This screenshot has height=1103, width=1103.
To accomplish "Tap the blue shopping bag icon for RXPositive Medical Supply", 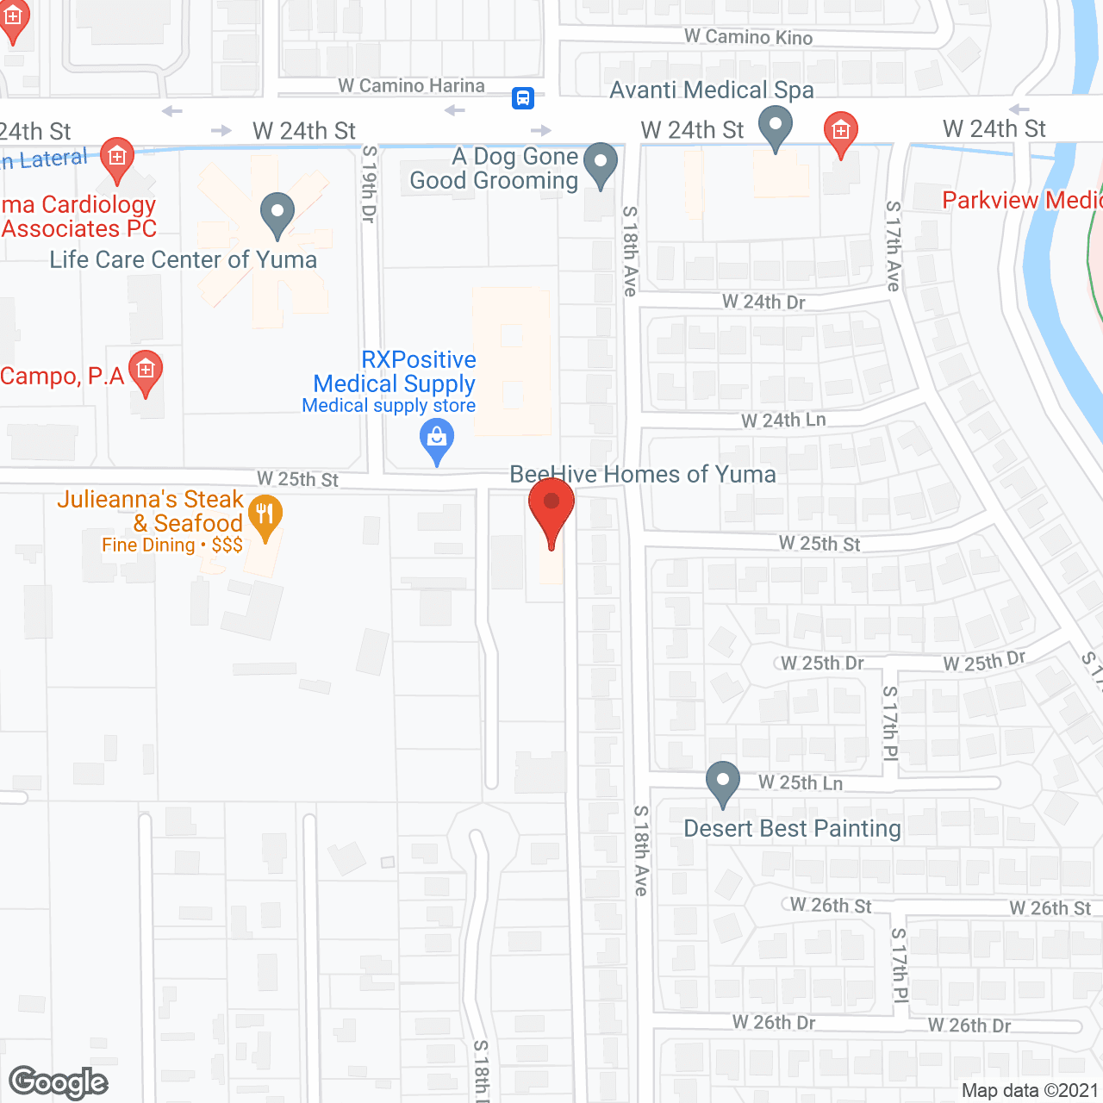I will click(x=437, y=439).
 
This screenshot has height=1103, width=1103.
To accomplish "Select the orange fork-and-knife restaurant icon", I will click(x=265, y=515).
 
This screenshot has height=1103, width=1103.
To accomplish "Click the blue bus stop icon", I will click(x=523, y=98).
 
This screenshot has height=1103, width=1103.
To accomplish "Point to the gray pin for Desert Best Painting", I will click(x=722, y=782).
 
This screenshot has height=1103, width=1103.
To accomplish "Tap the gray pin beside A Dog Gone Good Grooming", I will click(x=601, y=163).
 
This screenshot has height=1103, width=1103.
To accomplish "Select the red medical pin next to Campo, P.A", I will click(x=146, y=371).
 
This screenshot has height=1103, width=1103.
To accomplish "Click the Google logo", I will click(x=59, y=1082).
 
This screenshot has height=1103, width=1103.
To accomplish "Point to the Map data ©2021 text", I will click(x=1030, y=1091).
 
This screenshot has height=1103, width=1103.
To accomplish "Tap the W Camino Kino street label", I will click(x=748, y=37).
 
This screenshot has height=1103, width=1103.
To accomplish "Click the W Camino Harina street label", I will click(x=411, y=86).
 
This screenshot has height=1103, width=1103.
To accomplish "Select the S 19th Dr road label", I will click(x=369, y=184).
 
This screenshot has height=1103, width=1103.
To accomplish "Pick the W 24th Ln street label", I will click(x=783, y=421).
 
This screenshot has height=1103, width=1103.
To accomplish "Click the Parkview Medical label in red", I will click(x=1022, y=200).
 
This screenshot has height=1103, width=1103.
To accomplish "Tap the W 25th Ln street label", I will click(x=801, y=783).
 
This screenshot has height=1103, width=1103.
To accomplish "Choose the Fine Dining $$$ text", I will click(x=172, y=545).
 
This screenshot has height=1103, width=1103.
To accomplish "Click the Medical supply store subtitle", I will click(x=389, y=406).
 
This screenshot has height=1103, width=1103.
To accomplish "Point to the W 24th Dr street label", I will click(x=763, y=302).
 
